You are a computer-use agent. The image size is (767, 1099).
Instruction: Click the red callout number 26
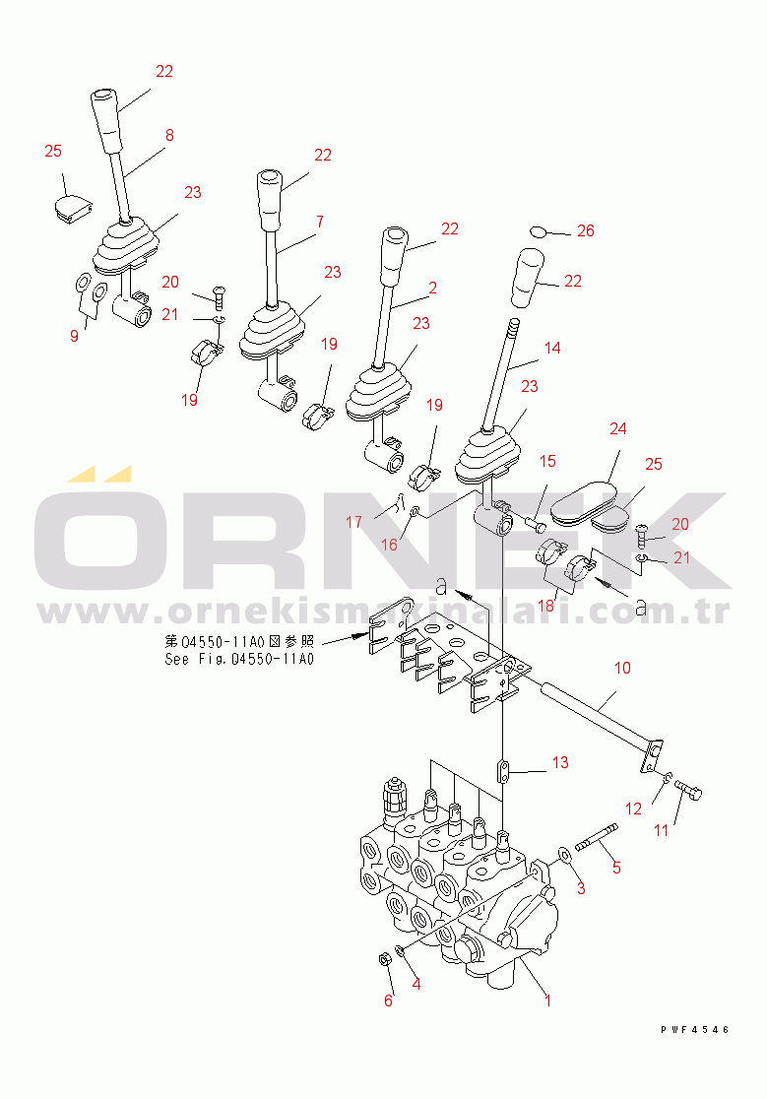point(585,230)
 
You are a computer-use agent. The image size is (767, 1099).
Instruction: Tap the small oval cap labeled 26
point(538,230)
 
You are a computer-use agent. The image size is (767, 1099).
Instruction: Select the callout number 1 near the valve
point(547,1001)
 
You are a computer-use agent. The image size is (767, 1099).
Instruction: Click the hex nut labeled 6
point(384,959)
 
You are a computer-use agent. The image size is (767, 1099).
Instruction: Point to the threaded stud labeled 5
point(596,838)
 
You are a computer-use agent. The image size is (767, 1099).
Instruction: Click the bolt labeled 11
point(688,792)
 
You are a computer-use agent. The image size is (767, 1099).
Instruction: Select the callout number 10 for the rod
point(622,668)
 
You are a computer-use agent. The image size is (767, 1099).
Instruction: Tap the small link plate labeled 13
point(504,771)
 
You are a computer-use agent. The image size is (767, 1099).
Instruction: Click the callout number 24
point(617,428)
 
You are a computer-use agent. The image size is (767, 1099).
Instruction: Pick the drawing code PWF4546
point(695,1030)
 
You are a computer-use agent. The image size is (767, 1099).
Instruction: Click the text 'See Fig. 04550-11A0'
point(239,659)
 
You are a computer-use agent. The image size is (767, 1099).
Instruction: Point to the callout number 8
point(168,135)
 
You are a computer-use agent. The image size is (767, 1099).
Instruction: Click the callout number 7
point(319,222)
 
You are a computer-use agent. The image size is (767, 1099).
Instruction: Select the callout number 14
point(552,348)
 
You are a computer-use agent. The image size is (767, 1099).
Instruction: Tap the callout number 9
point(74,336)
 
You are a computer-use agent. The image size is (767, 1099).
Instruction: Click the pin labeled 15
point(536,522)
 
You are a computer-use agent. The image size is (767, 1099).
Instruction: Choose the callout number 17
point(353,522)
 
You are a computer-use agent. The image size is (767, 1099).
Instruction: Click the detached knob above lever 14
point(528,278)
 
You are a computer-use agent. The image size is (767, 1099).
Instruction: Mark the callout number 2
point(433,288)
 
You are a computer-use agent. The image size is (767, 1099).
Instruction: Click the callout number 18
point(546,606)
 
